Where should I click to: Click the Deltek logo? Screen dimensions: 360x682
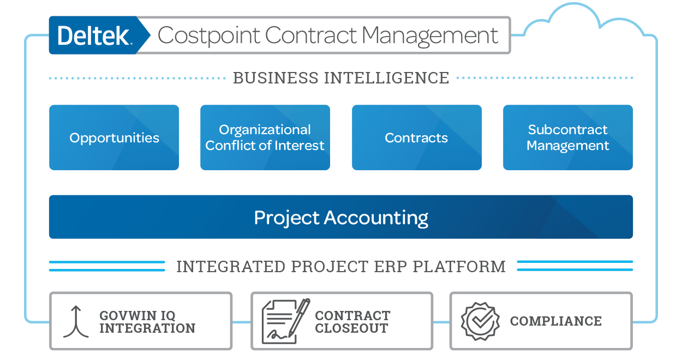tap(93, 36)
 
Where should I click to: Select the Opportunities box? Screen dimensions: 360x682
tap(114, 137)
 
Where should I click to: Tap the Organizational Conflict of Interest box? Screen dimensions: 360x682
tap(265, 137)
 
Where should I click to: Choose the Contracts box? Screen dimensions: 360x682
tap(416, 137)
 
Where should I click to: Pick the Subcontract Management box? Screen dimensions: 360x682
tap(567, 137)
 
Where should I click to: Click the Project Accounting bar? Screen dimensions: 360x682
tap(341, 217)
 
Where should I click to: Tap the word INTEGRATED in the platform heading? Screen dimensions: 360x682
tap(231, 267)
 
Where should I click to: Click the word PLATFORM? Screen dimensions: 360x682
tap(459, 267)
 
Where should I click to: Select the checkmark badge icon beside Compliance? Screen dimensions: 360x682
tap(480, 321)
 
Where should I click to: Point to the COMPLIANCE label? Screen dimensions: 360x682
tap(555, 321)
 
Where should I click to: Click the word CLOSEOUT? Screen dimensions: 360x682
tap(351, 328)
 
